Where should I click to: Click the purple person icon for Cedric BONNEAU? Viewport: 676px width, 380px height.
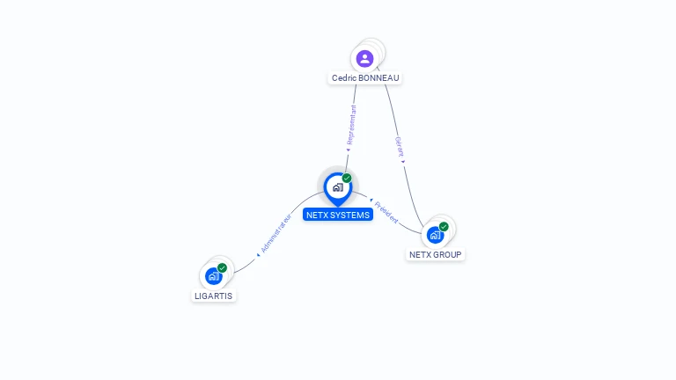(x=364, y=59)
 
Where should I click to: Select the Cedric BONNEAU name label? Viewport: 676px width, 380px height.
(x=365, y=78)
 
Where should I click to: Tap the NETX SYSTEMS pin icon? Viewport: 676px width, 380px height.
(x=337, y=187)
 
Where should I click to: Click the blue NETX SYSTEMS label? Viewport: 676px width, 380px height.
(x=338, y=215)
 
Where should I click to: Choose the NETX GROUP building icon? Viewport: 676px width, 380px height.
(x=435, y=235)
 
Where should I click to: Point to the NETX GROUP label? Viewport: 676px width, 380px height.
(x=435, y=255)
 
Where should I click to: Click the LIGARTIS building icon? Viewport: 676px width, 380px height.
(x=213, y=276)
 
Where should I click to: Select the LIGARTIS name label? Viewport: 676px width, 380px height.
(x=213, y=296)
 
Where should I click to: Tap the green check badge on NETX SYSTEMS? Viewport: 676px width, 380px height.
(x=347, y=178)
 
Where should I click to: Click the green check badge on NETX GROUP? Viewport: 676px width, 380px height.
(x=444, y=226)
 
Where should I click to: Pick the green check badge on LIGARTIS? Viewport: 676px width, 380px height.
(x=222, y=267)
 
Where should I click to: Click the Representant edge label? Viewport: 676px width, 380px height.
(x=351, y=125)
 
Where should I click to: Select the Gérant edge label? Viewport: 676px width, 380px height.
(x=399, y=146)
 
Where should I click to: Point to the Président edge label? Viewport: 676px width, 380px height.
(x=386, y=211)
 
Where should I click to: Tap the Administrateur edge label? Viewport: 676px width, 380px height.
(x=276, y=233)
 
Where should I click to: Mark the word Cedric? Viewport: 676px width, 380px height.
(x=343, y=78)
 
